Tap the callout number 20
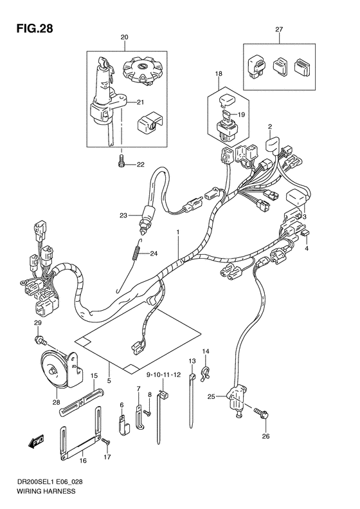click(123, 38)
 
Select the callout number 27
click(279, 30)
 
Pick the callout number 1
click(178, 232)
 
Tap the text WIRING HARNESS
click(39, 490)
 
